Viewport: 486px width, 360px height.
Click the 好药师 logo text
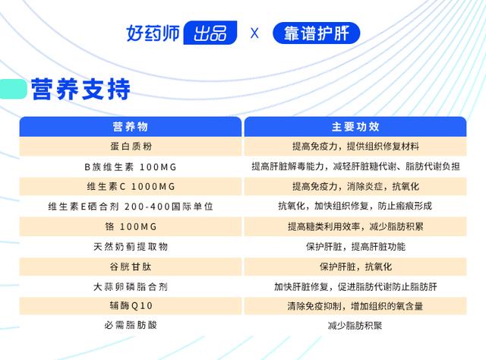pyautogui.click(x=153, y=33)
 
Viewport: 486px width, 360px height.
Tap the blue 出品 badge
pyautogui.click(x=210, y=33)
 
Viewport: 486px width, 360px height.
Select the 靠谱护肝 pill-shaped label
pyautogui.click(x=316, y=33)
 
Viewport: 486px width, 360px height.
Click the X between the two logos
pyautogui.click(x=254, y=33)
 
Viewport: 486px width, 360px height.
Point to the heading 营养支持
pyautogui.click(x=80, y=89)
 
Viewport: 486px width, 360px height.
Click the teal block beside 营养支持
pyautogui.click(x=13, y=89)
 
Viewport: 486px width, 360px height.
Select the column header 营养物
pyautogui.click(x=130, y=127)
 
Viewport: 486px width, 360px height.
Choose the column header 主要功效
pyautogui.click(x=355, y=127)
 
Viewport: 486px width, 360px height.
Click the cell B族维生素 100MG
pyautogui.click(x=131, y=167)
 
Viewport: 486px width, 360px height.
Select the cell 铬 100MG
pyautogui.click(x=131, y=226)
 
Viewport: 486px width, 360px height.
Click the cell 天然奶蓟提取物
pyautogui.click(x=131, y=247)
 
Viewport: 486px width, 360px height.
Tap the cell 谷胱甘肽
pyautogui.click(x=131, y=267)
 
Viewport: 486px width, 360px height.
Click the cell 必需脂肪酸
pyautogui.click(x=131, y=325)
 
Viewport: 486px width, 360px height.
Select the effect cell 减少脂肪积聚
pyautogui.click(x=355, y=326)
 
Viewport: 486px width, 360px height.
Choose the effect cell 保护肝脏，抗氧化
pyautogui.click(x=356, y=267)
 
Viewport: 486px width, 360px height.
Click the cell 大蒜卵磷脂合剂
pyautogui.click(x=131, y=287)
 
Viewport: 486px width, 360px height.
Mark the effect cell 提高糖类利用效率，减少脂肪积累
pyautogui.click(x=355, y=226)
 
